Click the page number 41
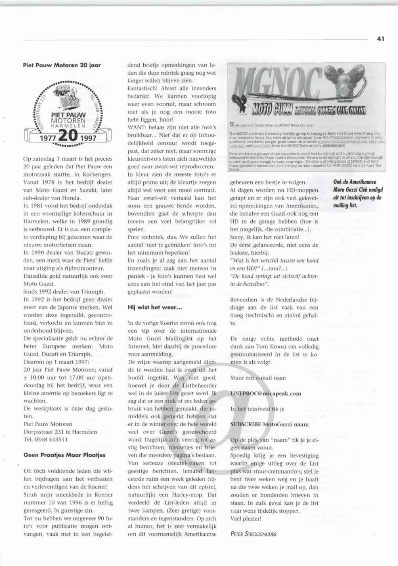[x=380, y=39]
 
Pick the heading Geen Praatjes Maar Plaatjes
[x=65, y=455]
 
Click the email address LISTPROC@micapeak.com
[x=265, y=393]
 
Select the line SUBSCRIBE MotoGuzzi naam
[x=269, y=424]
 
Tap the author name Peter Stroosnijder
[x=253, y=534]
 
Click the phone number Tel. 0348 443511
[x=46, y=439]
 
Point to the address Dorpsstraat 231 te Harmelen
[x=60, y=432]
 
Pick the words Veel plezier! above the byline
[x=245, y=518]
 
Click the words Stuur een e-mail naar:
[x=258, y=378]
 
